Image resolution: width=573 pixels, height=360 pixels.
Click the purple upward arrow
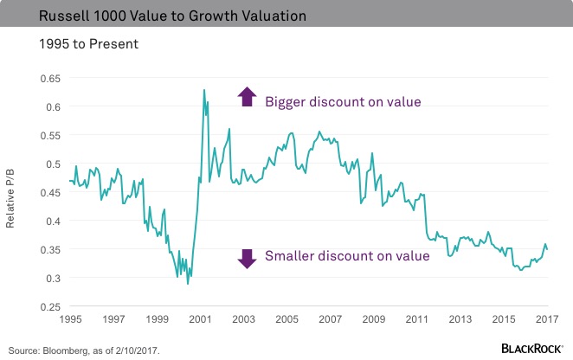click(x=247, y=97)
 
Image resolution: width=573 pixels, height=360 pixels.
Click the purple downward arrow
click(x=247, y=258)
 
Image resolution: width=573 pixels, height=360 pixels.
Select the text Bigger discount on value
click(x=343, y=102)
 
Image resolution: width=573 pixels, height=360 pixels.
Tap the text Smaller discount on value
click(x=347, y=255)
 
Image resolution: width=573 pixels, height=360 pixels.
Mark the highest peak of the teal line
click(x=203, y=89)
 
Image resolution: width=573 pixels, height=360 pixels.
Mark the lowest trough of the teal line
click(x=188, y=284)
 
